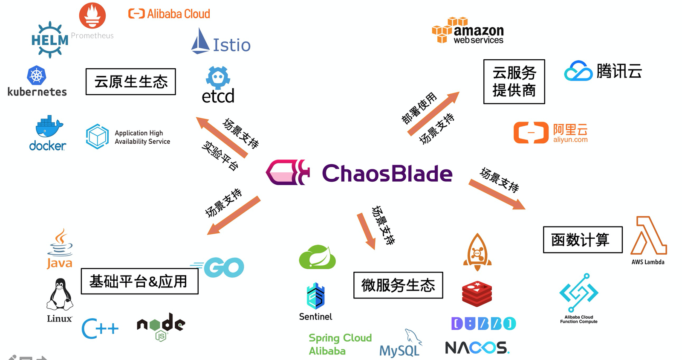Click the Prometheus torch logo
(92, 15)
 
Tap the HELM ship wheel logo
(50, 40)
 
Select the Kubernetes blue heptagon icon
(37, 75)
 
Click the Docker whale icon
(49, 126)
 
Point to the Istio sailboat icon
(200, 41)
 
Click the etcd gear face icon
(218, 77)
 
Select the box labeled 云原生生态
(130, 81)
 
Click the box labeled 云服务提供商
(514, 81)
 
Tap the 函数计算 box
(583, 240)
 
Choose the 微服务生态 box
(398, 285)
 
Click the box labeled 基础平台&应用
(139, 281)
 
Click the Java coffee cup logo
(60, 243)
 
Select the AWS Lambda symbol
(648, 235)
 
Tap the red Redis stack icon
(477, 293)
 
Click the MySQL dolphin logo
(413, 337)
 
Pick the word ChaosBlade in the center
(387, 173)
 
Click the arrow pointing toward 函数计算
(497, 195)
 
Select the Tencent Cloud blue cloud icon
(578, 71)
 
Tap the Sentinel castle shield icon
(315, 296)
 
